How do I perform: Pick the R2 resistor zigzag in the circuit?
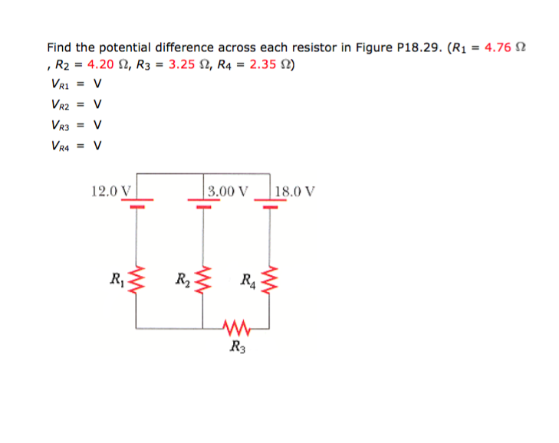[202, 277]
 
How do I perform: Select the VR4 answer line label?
[59, 143]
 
